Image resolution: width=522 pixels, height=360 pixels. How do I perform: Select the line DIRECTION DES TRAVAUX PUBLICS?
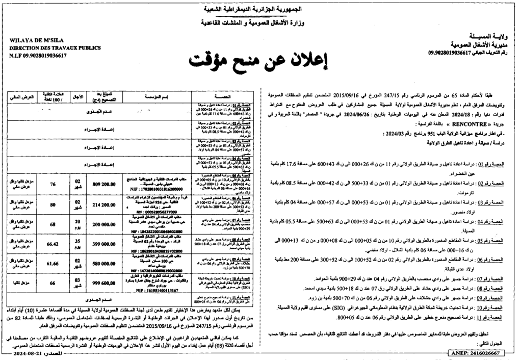point(51,48)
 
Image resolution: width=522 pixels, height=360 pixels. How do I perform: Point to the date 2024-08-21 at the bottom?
point(31,353)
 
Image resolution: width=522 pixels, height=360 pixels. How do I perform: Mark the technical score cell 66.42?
point(52,245)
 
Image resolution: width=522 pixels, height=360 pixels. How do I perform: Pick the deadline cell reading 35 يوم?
point(77,245)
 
